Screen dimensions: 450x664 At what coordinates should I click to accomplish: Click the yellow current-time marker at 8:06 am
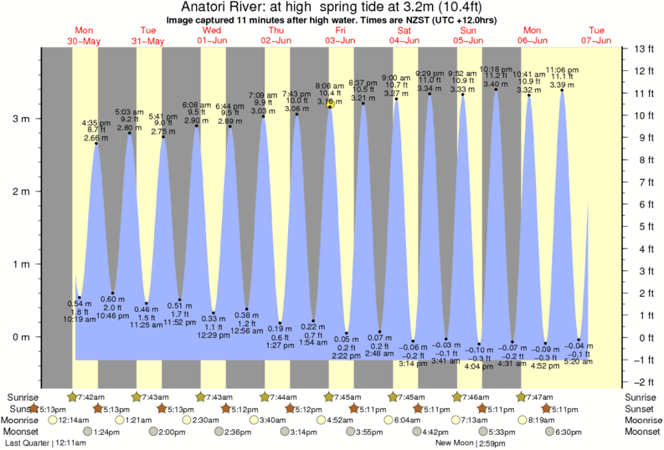(331, 104)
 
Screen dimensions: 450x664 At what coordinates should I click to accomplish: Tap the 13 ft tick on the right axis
(642, 49)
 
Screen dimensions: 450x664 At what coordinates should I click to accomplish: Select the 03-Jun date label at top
(339, 39)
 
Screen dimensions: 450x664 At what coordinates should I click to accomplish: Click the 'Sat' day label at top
(404, 29)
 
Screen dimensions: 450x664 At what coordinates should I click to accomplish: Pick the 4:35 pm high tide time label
(96, 123)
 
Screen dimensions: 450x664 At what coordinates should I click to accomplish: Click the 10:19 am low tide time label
(80, 319)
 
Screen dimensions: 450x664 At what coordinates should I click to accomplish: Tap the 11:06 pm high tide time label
(562, 70)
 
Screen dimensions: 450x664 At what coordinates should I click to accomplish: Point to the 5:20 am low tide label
(579, 363)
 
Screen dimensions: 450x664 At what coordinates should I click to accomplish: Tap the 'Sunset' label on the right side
(642, 409)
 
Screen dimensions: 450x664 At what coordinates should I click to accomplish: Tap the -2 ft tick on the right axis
(642, 382)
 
